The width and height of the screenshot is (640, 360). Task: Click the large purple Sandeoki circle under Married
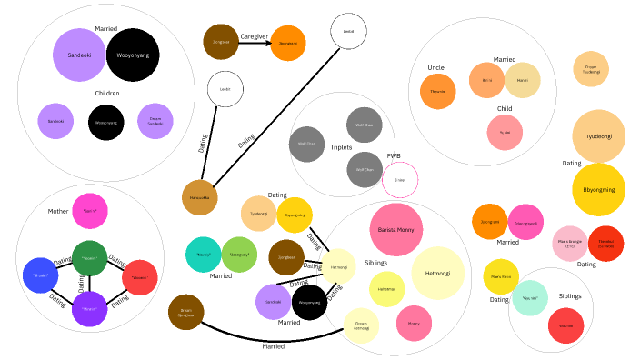click(x=79, y=55)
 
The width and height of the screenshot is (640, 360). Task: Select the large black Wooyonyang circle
click(x=133, y=55)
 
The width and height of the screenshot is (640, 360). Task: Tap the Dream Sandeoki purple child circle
click(x=155, y=121)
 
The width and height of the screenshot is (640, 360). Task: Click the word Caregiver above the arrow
click(x=254, y=36)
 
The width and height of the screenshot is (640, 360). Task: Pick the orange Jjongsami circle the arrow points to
click(x=287, y=43)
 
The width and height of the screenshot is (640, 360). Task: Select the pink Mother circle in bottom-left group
click(x=90, y=211)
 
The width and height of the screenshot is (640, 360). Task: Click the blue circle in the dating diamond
click(x=40, y=275)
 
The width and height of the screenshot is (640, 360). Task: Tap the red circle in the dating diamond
click(x=140, y=277)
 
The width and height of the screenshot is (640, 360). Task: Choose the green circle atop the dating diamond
click(x=90, y=258)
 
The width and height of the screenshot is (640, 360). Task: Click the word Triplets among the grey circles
click(x=341, y=147)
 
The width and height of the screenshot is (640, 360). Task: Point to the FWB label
click(x=394, y=155)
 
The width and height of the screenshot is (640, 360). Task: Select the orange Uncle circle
click(x=437, y=92)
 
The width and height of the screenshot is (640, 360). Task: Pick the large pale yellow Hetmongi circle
click(x=438, y=272)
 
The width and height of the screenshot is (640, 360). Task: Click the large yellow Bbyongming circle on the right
click(x=599, y=190)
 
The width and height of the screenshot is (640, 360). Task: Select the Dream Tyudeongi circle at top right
click(x=591, y=69)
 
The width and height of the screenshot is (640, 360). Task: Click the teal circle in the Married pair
click(x=203, y=255)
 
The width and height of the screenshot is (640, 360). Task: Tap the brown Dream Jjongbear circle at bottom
click(x=185, y=312)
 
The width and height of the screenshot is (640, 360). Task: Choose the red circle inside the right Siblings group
click(x=565, y=325)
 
